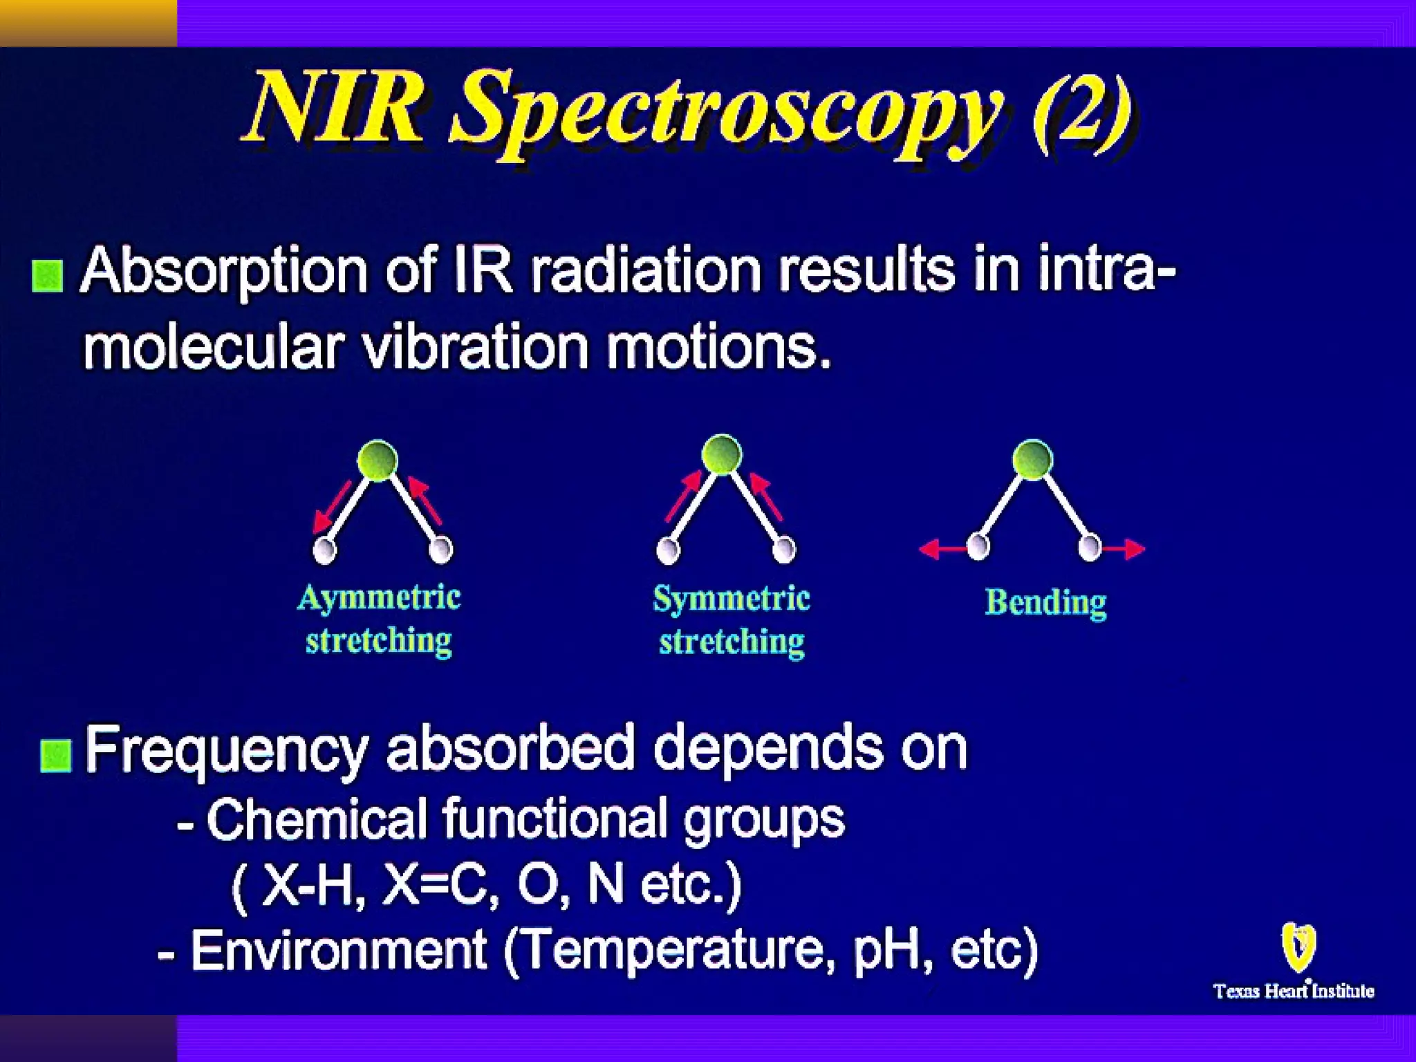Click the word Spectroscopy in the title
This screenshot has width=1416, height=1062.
(726, 114)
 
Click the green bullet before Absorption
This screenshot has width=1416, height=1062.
(48, 276)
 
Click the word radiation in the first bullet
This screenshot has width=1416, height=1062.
(646, 271)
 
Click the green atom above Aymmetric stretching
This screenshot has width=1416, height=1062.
(378, 460)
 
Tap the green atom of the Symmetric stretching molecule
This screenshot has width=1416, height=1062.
(721, 455)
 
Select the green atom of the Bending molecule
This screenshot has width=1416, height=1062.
(1032, 460)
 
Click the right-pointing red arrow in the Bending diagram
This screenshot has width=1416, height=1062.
(1124, 549)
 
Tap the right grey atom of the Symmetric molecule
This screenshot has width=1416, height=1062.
(783, 550)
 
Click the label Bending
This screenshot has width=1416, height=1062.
(1045, 602)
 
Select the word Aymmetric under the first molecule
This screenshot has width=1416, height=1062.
(379, 597)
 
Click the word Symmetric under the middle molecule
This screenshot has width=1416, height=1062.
(731, 599)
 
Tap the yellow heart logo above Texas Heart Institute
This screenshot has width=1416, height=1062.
(1298, 947)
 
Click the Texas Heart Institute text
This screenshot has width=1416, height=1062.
(1293, 991)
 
